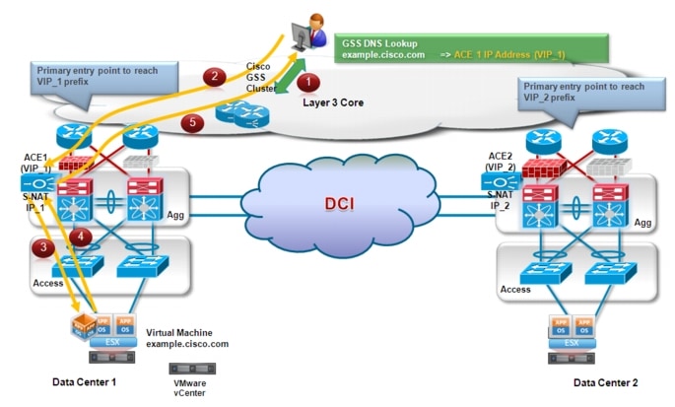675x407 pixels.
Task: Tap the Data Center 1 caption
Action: (x=91, y=379)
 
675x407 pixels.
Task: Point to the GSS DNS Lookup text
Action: (x=380, y=43)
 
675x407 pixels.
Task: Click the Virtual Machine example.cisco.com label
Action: (x=187, y=338)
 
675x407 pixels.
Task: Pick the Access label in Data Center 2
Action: (x=515, y=291)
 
